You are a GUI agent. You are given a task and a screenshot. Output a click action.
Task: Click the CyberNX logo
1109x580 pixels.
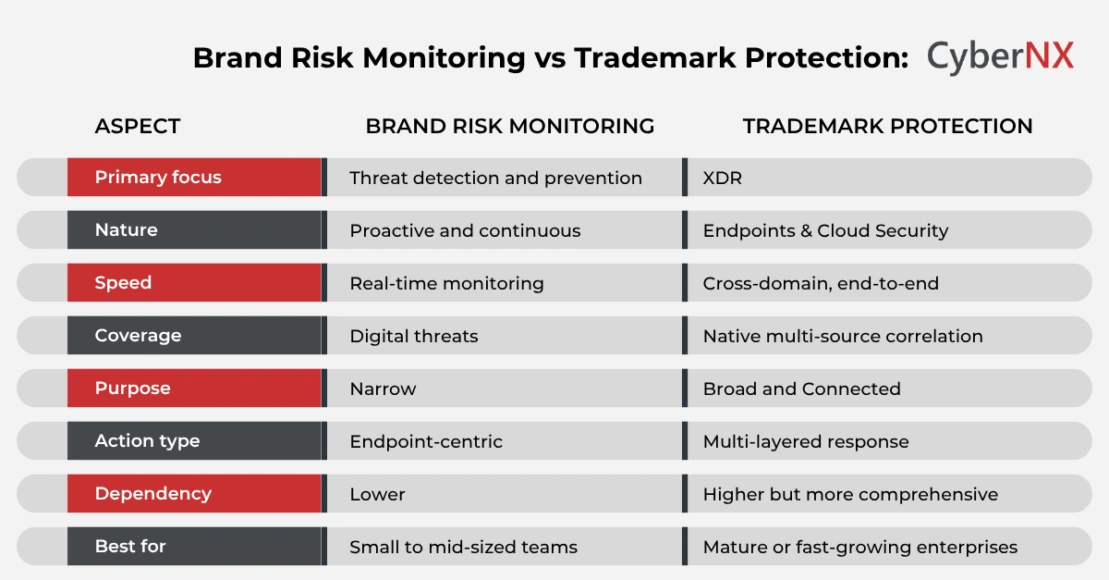pos(1000,56)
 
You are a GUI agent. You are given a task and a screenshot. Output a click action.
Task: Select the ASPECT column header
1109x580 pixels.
pos(138,126)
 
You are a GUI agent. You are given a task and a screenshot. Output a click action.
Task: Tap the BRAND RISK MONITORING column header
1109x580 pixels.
pos(509,126)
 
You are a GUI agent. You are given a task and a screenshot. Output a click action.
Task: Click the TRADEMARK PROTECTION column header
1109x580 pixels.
pos(887,126)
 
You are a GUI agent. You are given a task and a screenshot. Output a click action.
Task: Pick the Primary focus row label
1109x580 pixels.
pos(158,178)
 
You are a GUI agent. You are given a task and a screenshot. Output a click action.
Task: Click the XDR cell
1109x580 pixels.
pos(722,178)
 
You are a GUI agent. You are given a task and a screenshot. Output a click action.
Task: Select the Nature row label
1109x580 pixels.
pos(127,230)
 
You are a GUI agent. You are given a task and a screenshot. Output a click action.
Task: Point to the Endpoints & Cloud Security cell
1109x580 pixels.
pos(825,230)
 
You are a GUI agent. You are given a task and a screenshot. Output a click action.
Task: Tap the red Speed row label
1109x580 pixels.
pos(123,283)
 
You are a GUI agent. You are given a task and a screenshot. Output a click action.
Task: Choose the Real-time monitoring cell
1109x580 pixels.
pos(446,283)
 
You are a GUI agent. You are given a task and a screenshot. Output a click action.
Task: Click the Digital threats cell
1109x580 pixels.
pos(413,336)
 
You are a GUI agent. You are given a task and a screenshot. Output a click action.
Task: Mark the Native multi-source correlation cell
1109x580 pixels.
pos(842,336)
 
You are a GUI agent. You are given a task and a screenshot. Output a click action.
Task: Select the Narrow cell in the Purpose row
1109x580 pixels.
pos(383,389)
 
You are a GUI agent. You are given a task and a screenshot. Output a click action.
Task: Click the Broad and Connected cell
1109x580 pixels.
pos(801,389)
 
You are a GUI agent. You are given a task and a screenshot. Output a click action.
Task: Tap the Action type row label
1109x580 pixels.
pos(147,441)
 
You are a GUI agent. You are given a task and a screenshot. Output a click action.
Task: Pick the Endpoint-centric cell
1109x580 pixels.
pos(425,441)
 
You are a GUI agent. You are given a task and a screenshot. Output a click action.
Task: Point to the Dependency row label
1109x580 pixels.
pos(152,494)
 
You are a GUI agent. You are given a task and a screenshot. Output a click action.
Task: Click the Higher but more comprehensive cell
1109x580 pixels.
pos(850,494)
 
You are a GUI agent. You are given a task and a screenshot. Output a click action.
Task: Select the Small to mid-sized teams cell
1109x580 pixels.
pos(463,547)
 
